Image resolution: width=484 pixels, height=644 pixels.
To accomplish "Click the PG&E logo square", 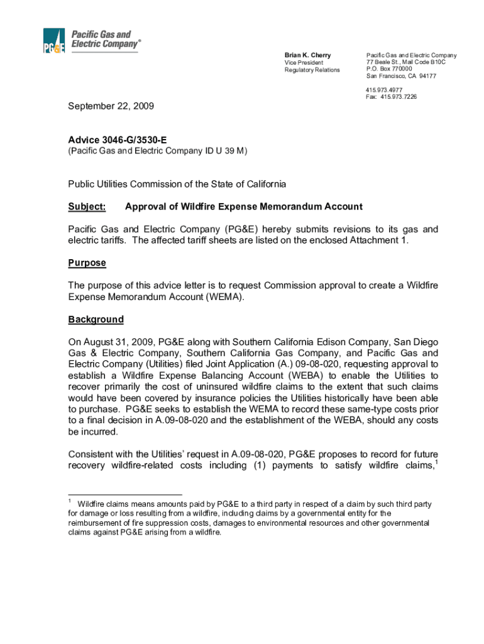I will tap(54, 41).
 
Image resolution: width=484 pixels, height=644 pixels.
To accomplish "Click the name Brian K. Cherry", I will tap(307, 55).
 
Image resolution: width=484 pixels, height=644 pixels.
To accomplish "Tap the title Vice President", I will tap(304, 63).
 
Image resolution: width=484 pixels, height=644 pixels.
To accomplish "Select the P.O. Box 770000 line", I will tap(389, 69).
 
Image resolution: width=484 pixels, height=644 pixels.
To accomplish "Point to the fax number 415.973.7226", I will tap(399, 97).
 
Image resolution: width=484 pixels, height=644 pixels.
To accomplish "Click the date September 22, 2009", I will tap(111, 106).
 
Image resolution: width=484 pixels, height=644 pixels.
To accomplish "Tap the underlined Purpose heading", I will tap(87, 263).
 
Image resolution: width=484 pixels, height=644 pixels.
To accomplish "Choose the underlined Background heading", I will tap(96, 319).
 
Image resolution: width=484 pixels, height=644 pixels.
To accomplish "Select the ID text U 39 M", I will tap(229, 151).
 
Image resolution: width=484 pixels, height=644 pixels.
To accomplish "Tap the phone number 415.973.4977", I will tap(384, 90).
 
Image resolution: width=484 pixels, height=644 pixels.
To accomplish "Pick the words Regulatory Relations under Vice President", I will tap(312, 70).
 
